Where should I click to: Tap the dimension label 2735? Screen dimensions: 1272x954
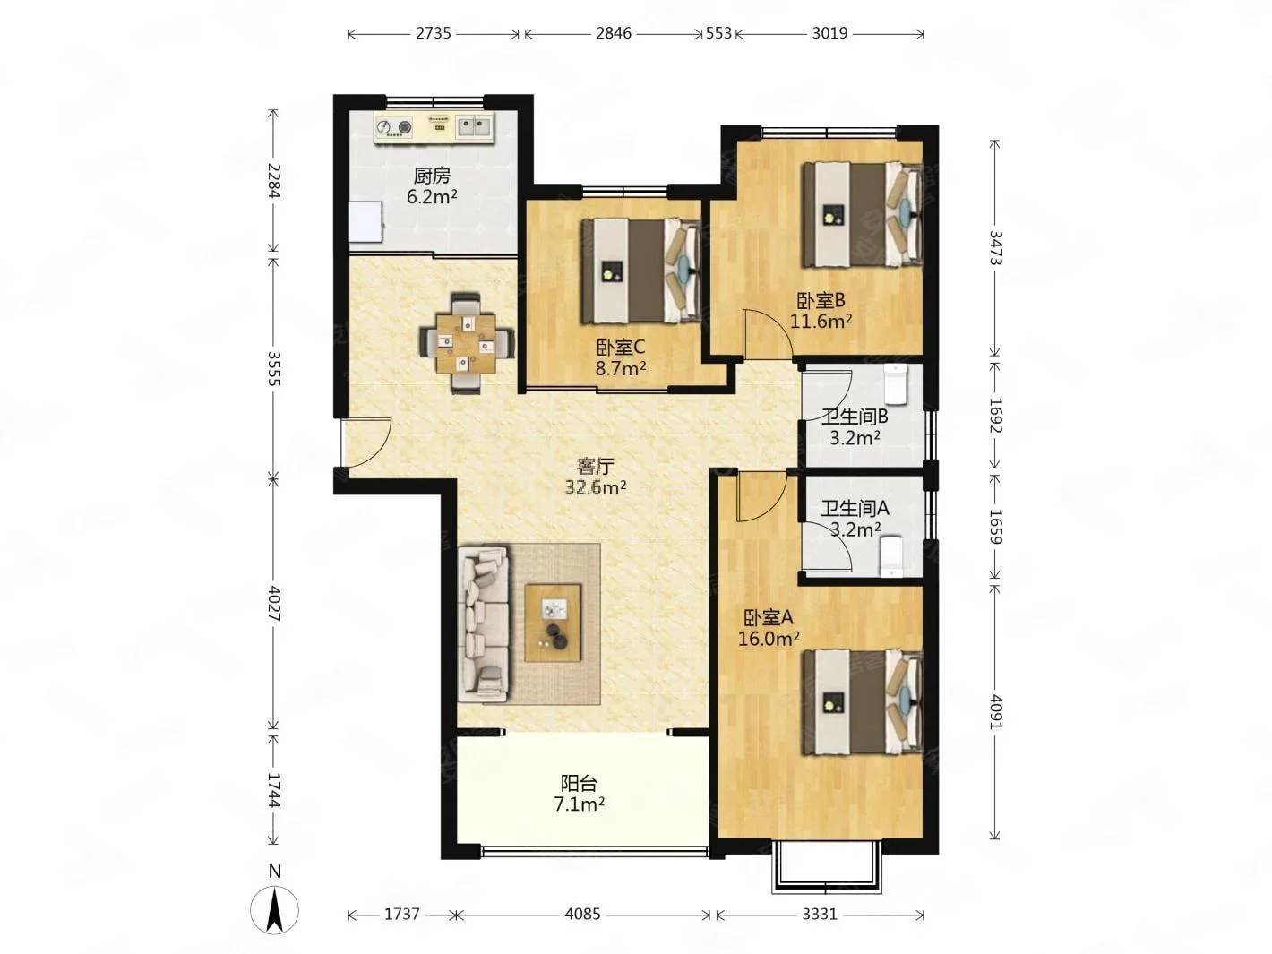point(433,34)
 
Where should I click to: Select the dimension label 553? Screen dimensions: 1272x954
point(718,34)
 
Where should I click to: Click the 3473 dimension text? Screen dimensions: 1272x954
point(995,247)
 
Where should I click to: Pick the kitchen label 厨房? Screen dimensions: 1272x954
point(432,176)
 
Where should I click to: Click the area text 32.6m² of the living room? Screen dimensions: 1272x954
point(596,487)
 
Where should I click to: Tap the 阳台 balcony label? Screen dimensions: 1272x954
point(579,784)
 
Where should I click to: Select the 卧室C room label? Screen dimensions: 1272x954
point(621,347)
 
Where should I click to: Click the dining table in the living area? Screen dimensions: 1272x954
point(466,342)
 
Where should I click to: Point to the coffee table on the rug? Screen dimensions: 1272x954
point(553,623)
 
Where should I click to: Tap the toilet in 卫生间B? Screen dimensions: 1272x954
point(895,383)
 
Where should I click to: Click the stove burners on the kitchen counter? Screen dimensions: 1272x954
point(394,126)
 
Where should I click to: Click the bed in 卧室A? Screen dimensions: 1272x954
point(863,702)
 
